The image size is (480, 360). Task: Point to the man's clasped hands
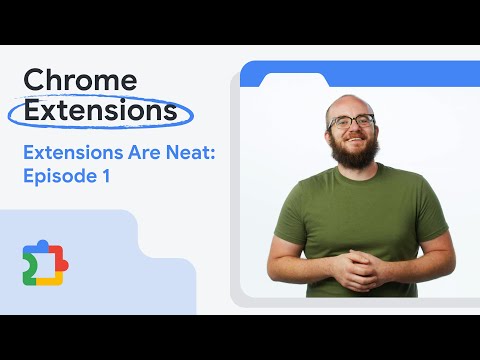coord(356,267)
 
